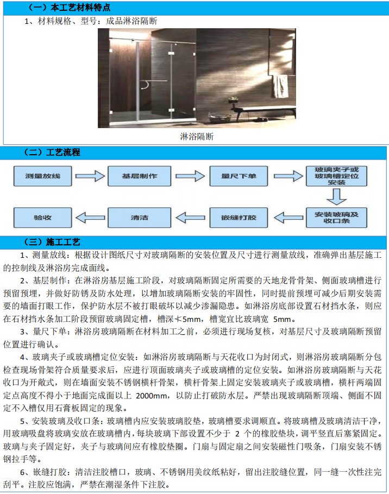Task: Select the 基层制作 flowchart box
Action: pos(133,176)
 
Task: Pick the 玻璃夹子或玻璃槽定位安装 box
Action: pos(337,176)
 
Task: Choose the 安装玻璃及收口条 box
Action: pos(337,217)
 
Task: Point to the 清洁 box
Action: pos(140,217)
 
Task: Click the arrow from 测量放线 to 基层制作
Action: pos(90,176)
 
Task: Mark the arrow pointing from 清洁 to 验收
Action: pos(90,217)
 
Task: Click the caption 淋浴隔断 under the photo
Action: pos(197,136)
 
